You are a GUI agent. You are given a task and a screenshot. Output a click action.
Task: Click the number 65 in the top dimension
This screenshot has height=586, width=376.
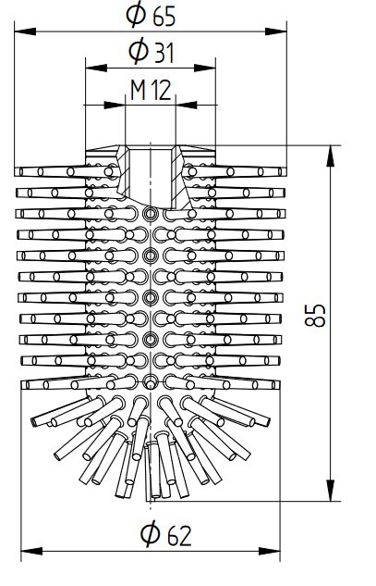[x=164, y=18]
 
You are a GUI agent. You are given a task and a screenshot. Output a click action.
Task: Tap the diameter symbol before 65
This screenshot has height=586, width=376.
[x=136, y=15]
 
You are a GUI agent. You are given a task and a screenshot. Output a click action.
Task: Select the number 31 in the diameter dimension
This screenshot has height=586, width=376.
[x=164, y=53]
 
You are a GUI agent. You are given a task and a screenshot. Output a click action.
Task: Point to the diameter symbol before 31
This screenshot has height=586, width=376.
[x=138, y=51]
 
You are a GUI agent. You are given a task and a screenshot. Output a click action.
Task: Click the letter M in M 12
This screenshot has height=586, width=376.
[x=138, y=90]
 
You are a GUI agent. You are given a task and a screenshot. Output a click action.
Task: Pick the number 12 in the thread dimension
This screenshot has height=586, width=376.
[x=162, y=90]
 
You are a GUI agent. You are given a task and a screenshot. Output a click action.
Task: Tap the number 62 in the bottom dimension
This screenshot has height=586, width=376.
[x=179, y=536]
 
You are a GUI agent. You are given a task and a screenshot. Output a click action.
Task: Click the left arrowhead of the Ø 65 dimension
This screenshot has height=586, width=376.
[x=25, y=31]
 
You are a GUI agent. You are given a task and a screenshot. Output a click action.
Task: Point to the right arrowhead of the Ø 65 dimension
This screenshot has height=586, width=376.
[x=276, y=31]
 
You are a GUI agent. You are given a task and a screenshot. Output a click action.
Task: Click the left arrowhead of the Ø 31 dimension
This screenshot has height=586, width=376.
[x=97, y=68]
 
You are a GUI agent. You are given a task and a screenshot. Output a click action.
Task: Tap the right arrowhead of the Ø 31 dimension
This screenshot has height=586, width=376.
[x=205, y=68]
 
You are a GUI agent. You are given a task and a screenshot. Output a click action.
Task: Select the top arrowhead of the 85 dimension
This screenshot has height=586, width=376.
[x=331, y=156]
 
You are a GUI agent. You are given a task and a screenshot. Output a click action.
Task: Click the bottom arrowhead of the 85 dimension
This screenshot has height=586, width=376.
[x=331, y=491]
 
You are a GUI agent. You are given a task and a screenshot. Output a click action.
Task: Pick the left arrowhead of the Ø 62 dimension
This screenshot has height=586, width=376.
[x=31, y=551]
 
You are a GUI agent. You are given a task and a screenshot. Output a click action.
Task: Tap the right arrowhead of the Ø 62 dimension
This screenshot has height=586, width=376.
[x=270, y=551]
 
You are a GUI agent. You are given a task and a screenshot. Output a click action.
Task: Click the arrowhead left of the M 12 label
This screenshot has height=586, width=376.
[x=115, y=105]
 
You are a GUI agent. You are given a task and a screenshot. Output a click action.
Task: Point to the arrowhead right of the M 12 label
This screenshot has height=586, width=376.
[x=186, y=105]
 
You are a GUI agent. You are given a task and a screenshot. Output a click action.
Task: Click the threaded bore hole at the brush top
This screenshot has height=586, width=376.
[x=151, y=177]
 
